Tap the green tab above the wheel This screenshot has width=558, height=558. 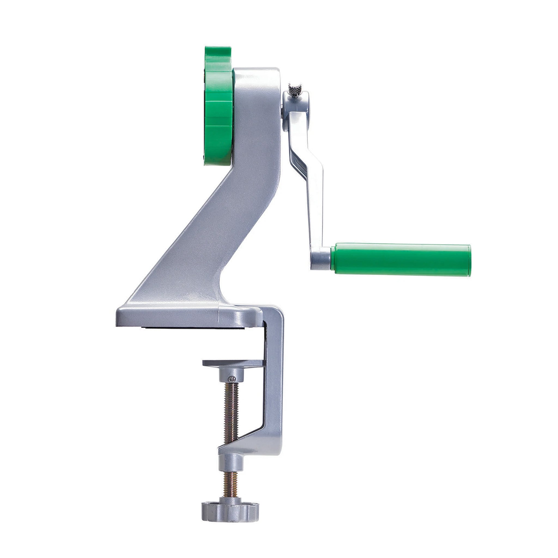pyautogui.click(x=218, y=56)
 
